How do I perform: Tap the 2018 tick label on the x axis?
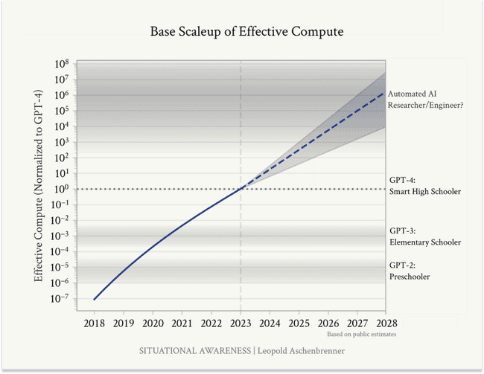tap(95, 324)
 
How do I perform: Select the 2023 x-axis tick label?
tap(241, 324)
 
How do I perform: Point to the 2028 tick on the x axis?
tap(386, 324)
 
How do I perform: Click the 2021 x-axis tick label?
tap(182, 324)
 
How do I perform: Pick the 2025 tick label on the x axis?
tap(299, 324)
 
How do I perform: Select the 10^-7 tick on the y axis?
tap(60, 299)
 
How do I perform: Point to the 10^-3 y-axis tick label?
tap(60, 236)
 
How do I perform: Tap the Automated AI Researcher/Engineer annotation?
tap(425, 100)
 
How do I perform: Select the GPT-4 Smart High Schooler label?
tap(425, 186)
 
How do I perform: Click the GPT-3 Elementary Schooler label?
tap(425, 236)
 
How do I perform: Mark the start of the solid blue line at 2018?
tap(95, 299)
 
